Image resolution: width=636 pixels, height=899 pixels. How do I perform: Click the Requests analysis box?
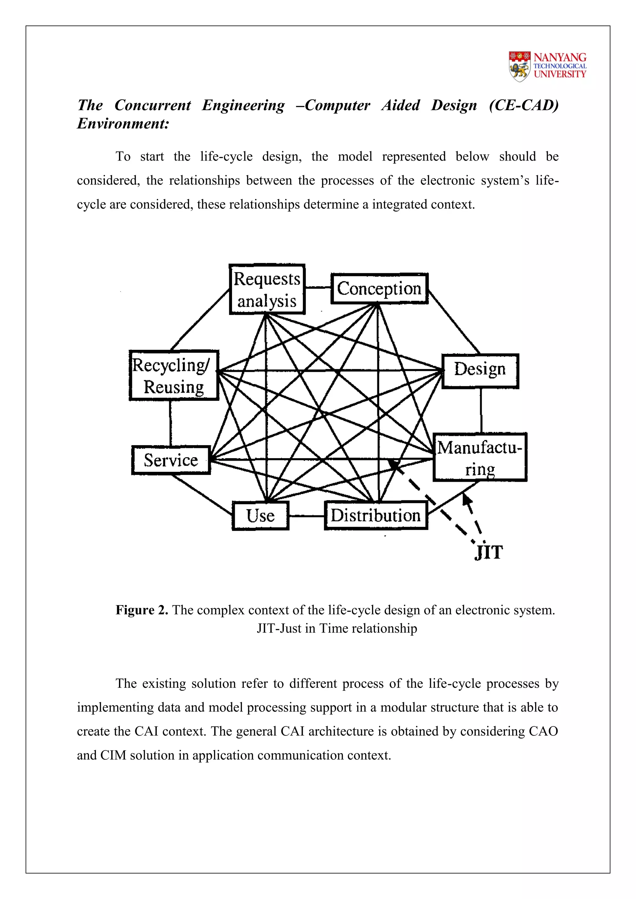point(267,289)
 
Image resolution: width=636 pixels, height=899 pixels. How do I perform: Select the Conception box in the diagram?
point(379,289)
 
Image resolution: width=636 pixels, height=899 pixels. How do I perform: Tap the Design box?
point(480,371)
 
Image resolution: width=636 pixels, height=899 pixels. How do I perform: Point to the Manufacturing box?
point(480,457)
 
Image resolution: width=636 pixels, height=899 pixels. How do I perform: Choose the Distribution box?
point(375,516)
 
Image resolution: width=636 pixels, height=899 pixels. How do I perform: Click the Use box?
point(261,516)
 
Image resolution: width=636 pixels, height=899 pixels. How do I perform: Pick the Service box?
point(171,460)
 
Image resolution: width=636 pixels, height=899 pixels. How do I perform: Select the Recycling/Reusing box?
point(174,375)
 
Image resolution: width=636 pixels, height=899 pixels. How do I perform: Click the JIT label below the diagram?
point(488,553)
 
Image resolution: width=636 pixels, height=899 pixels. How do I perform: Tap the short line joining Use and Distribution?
point(307,516)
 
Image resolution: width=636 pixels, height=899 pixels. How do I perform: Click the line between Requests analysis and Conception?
point(318,288)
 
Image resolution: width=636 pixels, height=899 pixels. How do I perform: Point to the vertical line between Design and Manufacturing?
point(481,411)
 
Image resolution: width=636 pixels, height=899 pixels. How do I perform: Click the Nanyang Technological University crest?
point(520,66)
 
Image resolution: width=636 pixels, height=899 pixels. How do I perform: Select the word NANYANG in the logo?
point(560,57)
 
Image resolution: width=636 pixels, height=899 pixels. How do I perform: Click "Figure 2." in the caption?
point(142,610)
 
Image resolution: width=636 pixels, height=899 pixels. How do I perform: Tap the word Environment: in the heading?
point(123,124)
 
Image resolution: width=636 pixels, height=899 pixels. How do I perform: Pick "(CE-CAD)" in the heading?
point(524,105)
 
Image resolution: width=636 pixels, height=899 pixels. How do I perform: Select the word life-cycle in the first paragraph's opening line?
point(226,157)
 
